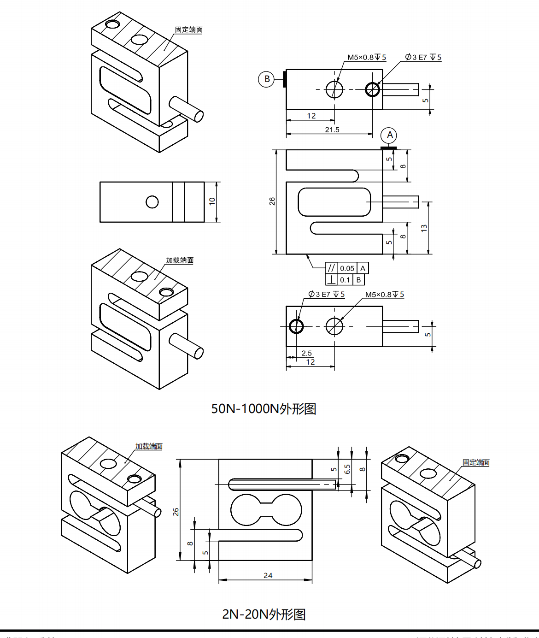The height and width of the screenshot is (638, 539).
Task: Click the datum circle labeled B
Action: tap(267, 79)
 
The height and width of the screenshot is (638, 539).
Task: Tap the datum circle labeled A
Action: tap(389, 135)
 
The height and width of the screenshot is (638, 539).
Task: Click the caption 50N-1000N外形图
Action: tap(264, 408)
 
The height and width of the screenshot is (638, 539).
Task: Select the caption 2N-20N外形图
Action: tap(264, 614)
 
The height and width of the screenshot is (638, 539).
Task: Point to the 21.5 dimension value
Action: tap(332, 130)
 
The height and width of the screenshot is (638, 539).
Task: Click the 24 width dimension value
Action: tap(268, 575)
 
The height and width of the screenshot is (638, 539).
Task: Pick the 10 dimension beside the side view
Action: tap(212, 201)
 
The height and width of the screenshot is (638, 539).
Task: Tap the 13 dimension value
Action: tap(424, 228)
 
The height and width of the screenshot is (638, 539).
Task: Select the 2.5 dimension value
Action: tap(306, 353)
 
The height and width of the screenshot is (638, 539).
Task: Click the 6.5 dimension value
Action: tap(347, 469)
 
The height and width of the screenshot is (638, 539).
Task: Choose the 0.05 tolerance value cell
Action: tap(347, 268)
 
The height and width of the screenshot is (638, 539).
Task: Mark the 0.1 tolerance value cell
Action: tap(345, 280)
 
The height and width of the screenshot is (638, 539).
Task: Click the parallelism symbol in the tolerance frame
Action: tap(331, 268)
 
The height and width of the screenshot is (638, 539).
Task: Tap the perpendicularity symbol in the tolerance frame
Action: tap(331, 280)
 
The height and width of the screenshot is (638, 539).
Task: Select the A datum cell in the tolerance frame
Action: tap(363, 268)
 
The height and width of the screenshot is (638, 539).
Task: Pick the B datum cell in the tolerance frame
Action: tap(359, 280)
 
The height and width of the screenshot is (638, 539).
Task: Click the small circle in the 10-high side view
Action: tap(152, 202)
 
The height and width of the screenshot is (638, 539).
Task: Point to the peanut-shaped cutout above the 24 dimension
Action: tap(266, 510)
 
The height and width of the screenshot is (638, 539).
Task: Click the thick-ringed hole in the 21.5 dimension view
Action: tap(372, 89)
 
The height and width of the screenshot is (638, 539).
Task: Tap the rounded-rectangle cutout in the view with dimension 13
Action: tap(334, 202)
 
